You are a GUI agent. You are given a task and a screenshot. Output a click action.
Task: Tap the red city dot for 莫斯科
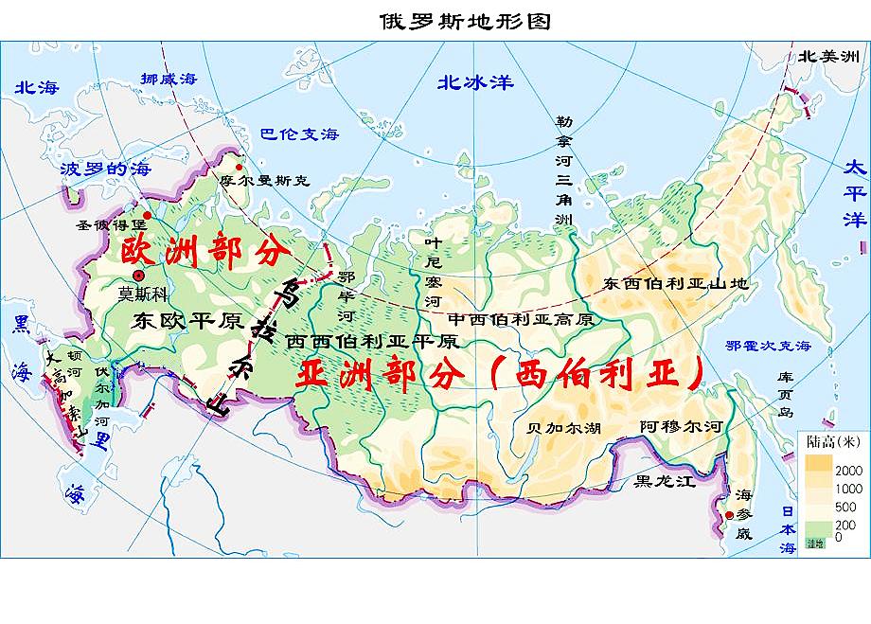[138, 276]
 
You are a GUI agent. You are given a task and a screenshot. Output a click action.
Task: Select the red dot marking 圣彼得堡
[147, 216]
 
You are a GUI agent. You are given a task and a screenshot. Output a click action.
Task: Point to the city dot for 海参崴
[729, 515]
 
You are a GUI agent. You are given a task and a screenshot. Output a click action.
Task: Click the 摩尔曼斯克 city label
[263, 180]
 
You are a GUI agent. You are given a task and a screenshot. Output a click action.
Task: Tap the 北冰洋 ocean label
[475, 82]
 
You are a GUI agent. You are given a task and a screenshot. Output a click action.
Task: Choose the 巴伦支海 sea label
[299, 134]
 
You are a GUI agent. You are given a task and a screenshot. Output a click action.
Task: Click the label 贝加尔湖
[564, 428]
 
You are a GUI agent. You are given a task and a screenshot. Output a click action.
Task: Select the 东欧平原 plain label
[189, 320]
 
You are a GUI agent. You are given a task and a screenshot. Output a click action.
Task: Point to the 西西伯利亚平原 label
[372, 341]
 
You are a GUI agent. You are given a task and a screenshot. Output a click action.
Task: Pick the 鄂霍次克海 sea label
[769, 347]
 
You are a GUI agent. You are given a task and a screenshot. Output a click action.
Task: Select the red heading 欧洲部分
[203, 254]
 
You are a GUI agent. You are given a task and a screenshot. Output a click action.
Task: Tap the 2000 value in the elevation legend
[848, 471]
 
